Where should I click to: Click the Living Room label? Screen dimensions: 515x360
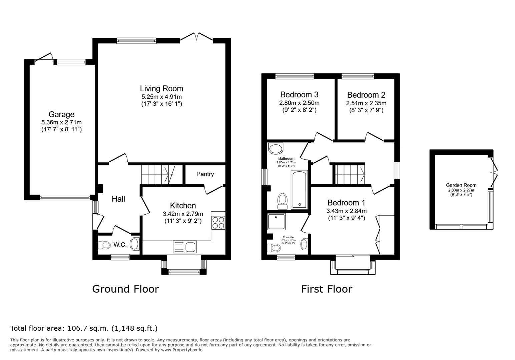point(161,88)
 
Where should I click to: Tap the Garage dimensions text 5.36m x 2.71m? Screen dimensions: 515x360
point(61,122)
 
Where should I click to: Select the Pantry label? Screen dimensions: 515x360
point(205,174)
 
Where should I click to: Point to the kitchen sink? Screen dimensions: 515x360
point(184,247)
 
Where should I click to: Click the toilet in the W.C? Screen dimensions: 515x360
point(104,245)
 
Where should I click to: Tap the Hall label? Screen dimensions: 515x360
point(118,199)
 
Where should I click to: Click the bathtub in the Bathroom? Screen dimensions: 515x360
point(299,190)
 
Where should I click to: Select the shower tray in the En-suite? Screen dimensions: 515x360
point(276,221)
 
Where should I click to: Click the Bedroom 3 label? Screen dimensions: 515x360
point(299,94)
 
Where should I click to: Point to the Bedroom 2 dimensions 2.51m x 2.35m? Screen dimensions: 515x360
point(366,103)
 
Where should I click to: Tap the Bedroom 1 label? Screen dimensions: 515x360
point(346,203)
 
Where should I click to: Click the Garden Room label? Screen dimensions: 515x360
point(461,185)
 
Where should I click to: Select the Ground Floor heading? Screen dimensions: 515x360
point(125,289)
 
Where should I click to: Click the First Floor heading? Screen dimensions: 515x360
point(327,289)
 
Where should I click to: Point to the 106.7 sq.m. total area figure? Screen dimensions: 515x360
point(88,328)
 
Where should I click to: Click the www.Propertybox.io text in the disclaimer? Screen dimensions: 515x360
point(182,350)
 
